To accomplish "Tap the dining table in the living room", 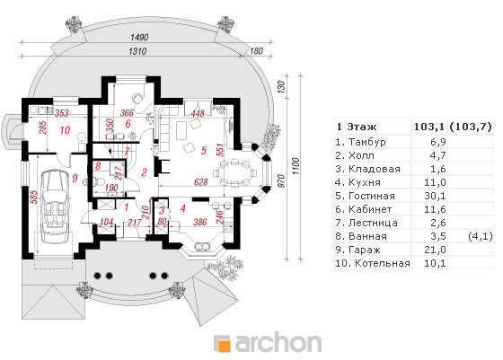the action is [x=234, y=173].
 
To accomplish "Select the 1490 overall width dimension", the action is [x=139, y=37].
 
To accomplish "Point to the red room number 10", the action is [x=65, y=130].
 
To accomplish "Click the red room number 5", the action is [x=203, y=150].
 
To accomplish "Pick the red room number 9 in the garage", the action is [x=75, y=178].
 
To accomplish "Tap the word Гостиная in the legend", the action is [x=372, y=196].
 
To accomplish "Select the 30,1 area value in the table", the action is [x=435, y=196].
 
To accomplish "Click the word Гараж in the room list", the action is [x=364, y=250].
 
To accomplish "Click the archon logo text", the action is [x=278, y=343].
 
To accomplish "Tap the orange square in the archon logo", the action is [x=225, y=347].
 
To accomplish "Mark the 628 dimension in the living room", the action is [x=201, y=182].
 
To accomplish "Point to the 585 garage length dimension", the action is [x=34, y=197].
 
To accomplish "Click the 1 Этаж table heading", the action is [x=357, y=127].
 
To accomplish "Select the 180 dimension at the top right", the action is [x=256, y=51].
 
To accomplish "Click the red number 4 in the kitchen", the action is [x=183, y=208].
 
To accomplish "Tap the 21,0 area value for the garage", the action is [x=435, y=250].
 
